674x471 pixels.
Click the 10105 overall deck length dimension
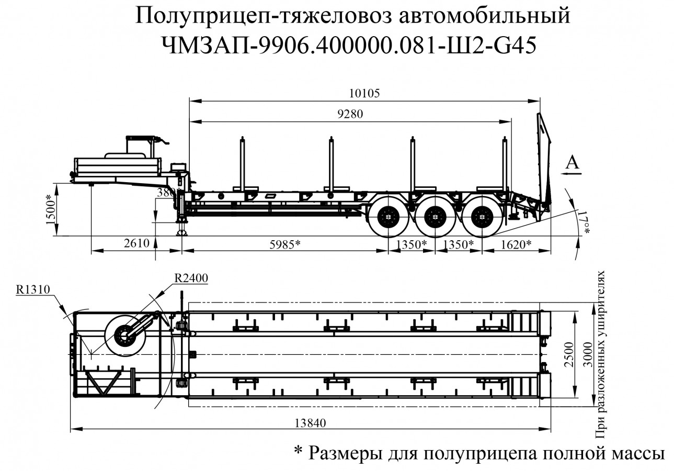(x=365, y=93)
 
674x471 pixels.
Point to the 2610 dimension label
(x=138, y=243)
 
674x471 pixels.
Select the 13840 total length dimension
(x=309, y=423)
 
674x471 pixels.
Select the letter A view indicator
(x=573, y=163)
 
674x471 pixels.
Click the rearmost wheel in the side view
(x=482, y=216)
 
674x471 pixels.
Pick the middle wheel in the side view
(x=435, y=216)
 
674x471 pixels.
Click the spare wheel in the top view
(x=126, y=336)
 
